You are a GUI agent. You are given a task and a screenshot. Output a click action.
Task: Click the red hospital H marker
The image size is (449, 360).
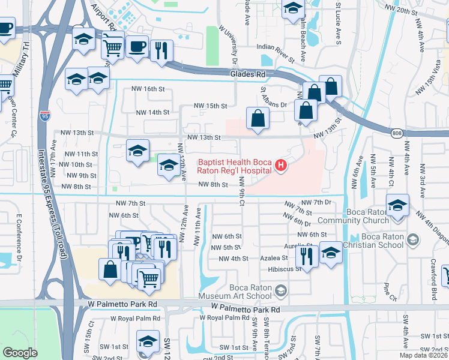click(280, 166)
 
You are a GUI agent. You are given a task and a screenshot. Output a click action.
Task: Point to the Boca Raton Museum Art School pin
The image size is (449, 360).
click(280, 291)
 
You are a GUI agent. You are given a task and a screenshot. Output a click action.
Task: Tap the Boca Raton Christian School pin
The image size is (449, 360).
click(412, 240)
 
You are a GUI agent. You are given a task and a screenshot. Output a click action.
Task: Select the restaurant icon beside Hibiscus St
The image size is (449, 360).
click(307, 256)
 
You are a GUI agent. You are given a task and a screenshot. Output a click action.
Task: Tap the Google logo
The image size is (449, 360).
click(20, 353)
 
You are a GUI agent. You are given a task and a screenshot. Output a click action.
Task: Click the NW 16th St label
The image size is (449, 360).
click(148, 89)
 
